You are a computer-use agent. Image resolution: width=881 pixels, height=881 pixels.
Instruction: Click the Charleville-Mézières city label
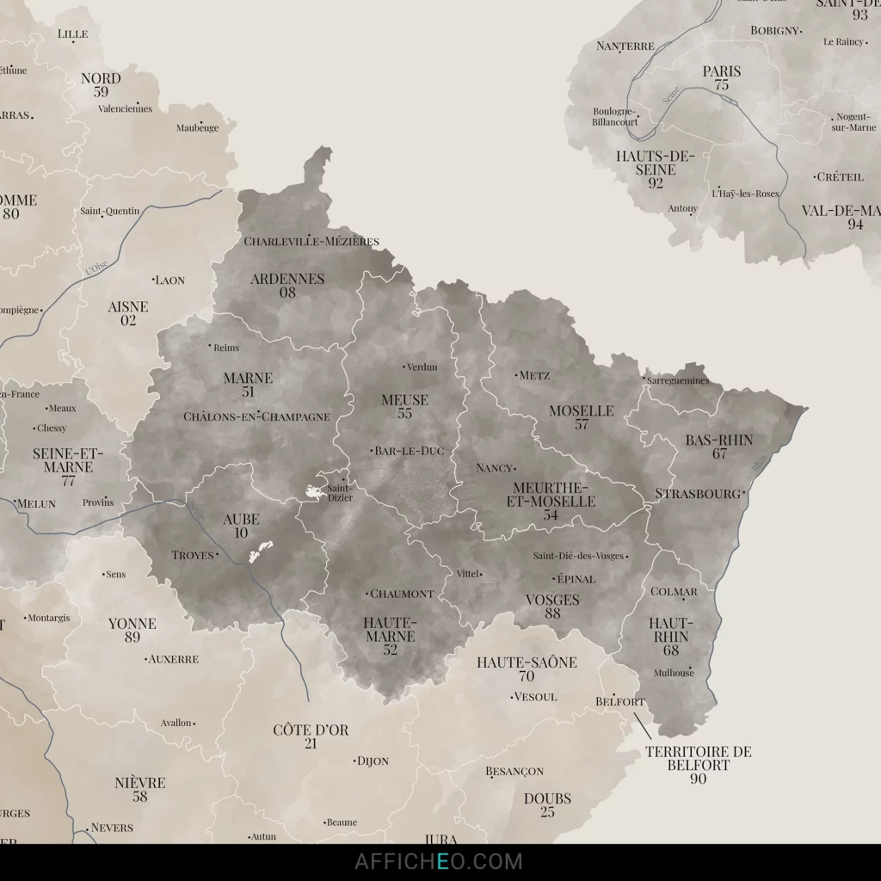point(311,242)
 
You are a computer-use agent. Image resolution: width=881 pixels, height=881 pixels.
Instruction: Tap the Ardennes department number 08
point(287,293)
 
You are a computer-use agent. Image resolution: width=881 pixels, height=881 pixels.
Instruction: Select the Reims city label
point(226,348)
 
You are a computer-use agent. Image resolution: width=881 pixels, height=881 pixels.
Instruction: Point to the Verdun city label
point(422,367)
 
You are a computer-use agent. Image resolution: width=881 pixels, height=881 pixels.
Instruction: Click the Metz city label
point(534,375)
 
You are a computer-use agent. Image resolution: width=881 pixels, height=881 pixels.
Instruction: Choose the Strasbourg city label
point(698,494)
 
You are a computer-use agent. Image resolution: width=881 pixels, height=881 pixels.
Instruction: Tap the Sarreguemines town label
point(679,380)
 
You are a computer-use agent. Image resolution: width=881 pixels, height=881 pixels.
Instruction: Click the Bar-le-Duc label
point(409,451)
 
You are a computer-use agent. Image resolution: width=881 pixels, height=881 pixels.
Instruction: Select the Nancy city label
point(495,468)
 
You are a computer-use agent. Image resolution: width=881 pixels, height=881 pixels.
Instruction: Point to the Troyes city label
point(193,555)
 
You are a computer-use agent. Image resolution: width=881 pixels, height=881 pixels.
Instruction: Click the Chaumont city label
point(402,594)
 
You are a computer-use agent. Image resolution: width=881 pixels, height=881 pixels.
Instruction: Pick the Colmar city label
point(674,592)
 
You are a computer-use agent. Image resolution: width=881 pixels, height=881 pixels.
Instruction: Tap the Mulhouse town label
point(674,673)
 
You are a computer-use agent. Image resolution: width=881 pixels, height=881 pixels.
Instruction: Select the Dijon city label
point(373,761)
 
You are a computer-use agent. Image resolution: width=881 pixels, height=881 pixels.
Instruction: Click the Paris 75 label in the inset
point(721,77)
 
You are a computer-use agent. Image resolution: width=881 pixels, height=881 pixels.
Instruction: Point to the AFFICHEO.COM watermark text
point(439,861)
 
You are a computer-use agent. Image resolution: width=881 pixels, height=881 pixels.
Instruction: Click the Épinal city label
point(576,579)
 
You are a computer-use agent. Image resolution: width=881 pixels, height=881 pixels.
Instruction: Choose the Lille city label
point(73,34)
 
